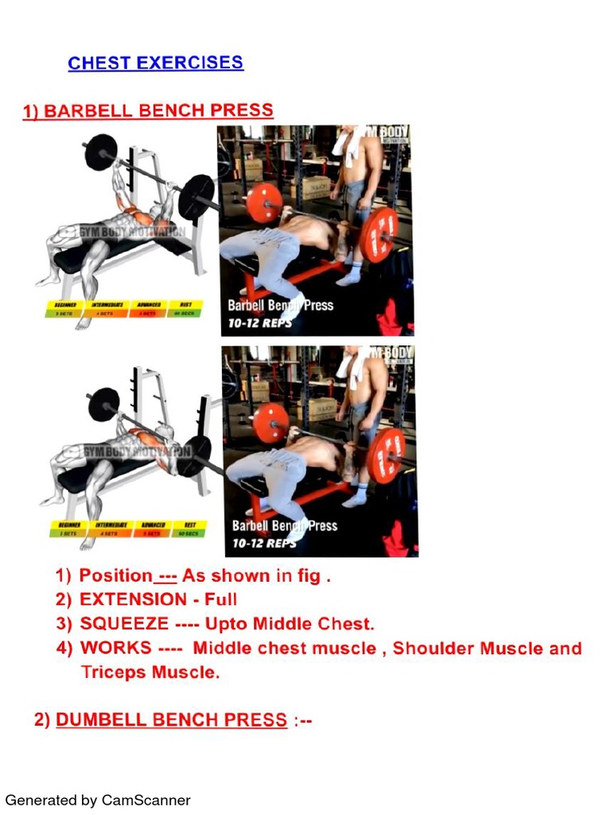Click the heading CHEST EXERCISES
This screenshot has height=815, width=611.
(x=156, y=64)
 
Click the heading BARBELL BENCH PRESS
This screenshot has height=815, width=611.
(x=148, y=111)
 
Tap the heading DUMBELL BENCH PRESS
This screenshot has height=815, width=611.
(x=171, y=720)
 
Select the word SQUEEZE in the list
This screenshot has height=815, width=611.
(x=123, y=623)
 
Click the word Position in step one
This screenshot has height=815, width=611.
(x=115, y=575)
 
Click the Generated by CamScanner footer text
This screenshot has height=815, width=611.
(x=98, y=800)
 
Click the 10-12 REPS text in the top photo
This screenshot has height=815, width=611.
(x=259, y=323)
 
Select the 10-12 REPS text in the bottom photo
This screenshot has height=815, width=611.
(x=263, y=544)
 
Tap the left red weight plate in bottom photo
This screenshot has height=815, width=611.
(x=270, y=423)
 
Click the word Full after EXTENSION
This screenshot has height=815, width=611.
(x=221, y=599)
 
